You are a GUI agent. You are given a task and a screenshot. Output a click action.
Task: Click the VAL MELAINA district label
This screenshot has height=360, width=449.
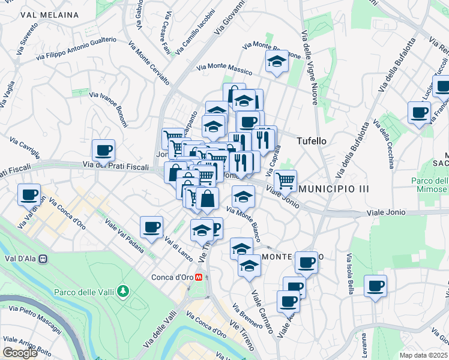(x=49, y=14)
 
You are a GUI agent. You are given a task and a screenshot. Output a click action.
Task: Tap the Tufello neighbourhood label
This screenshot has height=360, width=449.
(x=312, y=141)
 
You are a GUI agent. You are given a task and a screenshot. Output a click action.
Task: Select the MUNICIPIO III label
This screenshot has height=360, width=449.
(x=334, y=189)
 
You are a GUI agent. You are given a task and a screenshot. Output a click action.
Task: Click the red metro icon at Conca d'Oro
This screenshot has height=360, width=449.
(x=206, y=277)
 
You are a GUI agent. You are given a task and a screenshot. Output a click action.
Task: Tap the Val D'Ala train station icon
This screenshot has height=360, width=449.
(x=43, y=259)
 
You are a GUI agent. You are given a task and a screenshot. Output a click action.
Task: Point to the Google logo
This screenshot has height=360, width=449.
(x=20, y=353)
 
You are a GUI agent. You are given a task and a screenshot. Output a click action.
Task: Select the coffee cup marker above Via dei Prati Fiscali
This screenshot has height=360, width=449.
(x=103, y=150)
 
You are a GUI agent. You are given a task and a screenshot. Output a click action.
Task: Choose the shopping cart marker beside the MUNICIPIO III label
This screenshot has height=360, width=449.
(x=286, y=179)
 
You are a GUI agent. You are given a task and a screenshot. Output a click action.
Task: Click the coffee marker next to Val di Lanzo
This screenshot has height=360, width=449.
(x=151, y=227)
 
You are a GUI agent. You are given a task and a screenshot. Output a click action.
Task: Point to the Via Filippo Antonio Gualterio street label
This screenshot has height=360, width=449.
(x=76, y=49)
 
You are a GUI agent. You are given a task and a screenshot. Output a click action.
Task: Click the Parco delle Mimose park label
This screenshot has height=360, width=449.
(x=429, y=185)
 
